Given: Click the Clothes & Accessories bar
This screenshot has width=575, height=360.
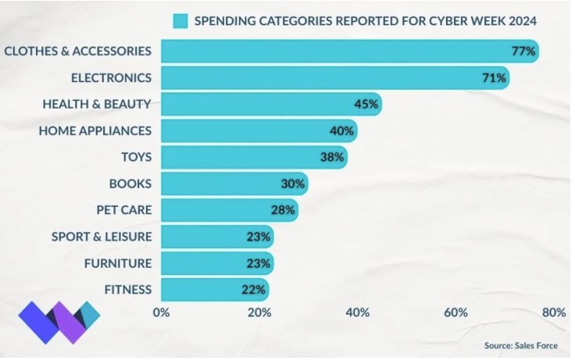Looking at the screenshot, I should click(x=344, y=51).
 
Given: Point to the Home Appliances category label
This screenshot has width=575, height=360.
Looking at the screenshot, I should click(x=95, y=130).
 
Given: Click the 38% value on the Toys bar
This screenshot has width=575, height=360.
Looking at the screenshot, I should click(x=332, y=157).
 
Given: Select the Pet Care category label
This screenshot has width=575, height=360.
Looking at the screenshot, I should click(x=123, y=210).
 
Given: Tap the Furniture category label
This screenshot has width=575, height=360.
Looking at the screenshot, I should click(x=117, y=263).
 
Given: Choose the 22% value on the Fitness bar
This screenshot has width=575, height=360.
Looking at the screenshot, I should click(x=253, y=290).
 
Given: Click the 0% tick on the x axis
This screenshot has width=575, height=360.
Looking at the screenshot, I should click(x=162, y=312).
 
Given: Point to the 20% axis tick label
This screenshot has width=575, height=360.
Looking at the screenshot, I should click(x=259, y=312).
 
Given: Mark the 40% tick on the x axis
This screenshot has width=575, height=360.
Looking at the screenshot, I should click(x=358, y=312).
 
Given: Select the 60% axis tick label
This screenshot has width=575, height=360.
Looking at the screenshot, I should click(x=456, y=312).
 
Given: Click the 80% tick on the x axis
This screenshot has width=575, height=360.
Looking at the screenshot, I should click(x=554, y=312).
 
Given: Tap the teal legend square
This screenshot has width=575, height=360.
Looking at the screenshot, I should click(x=182, y=20).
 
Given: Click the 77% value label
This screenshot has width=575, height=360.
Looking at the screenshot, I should click(x=523, y=51).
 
